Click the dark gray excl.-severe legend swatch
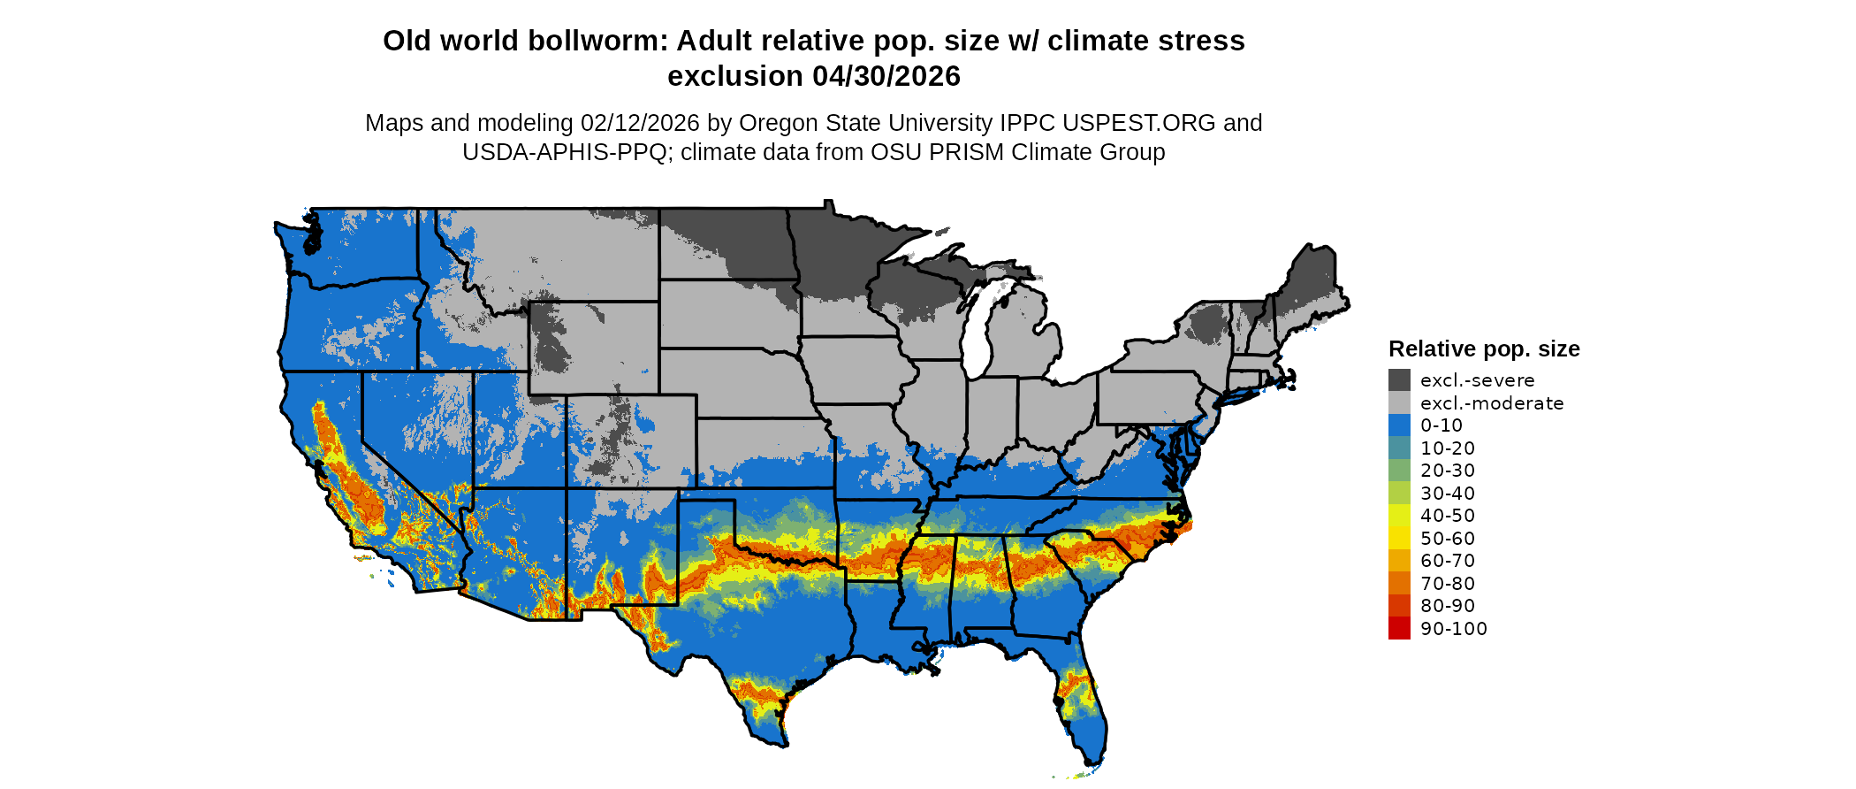[1399, 380]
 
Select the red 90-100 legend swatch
[1399, 628]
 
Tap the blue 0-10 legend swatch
[1399, 425]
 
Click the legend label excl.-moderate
[1492, 403]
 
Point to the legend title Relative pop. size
[1484, 349]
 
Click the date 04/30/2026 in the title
[886, 77]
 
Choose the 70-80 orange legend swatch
[1399, 583]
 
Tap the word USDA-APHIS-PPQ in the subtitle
[564, 152]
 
